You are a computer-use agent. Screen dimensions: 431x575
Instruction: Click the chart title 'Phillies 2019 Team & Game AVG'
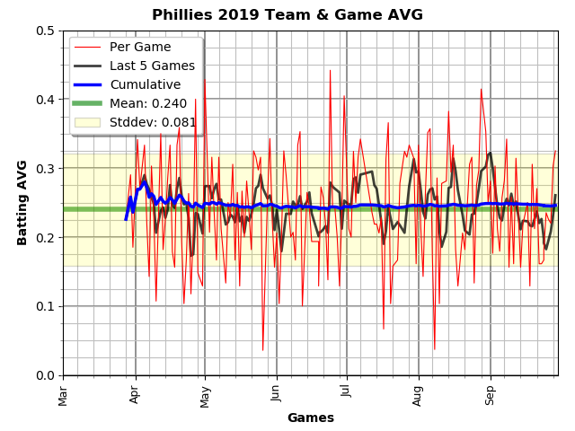point(287,15)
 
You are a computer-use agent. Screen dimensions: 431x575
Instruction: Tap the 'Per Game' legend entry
point(140,47)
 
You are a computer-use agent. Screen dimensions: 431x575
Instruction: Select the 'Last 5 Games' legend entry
point(152,66)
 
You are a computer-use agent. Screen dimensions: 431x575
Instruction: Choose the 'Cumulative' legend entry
point(145,84)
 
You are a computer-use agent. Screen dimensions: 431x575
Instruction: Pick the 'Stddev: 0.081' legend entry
point(153,122)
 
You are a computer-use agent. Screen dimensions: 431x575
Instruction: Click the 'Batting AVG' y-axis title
point(22,203)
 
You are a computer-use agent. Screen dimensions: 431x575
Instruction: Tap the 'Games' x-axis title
point(310,418)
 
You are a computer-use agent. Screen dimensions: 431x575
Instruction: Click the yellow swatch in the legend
point(87,122)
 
